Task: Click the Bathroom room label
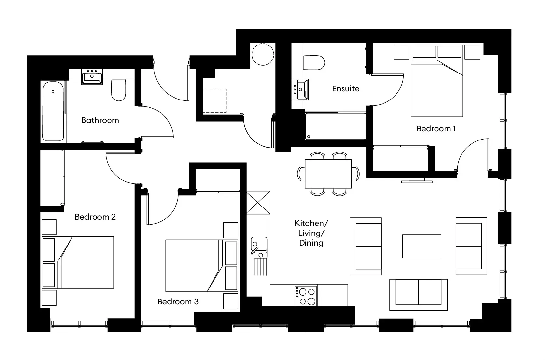tap(100, 120)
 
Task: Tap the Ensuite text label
tap(345, 89)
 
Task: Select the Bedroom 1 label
tap(435, 129)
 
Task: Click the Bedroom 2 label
tap(95, 217)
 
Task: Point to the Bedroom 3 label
tap(177, 302)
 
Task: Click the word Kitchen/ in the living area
tap(311, 223)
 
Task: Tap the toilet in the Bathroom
tap(119, 90)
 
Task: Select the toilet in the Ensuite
tap(314, 63)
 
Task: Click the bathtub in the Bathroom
tap(53, 111)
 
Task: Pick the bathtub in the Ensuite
tap(335, 127)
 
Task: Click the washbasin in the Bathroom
tap(92, 77)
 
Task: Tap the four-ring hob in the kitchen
tap(306, 296)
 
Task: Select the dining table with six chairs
tap(328, 174)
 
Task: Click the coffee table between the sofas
tap(422, 246)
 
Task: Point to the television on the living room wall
tap(413, 180)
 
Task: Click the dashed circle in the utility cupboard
tap(263, 54)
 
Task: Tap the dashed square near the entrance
tap(214, 101)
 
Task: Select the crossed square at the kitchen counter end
tap(258, 203)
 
